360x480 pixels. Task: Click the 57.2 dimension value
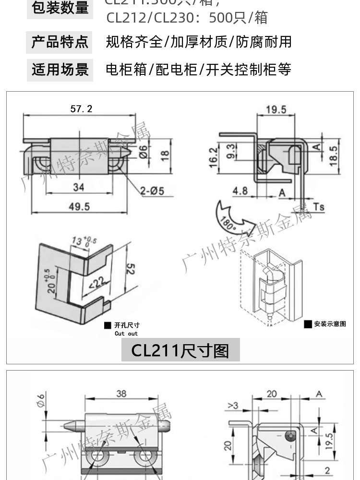(81, 109)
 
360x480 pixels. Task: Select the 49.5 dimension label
(79, 206)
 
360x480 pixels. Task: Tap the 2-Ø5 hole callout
(152, 191)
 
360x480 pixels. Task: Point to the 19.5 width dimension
(276, 110)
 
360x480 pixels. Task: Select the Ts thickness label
(319, 207)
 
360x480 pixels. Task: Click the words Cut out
(126, 334)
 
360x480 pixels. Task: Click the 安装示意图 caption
(330, 324)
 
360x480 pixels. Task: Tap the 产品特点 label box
(60, 42)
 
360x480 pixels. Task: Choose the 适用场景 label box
(60, 70)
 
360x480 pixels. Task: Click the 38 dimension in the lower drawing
(121, 394)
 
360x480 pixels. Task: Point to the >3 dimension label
(233, 406)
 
